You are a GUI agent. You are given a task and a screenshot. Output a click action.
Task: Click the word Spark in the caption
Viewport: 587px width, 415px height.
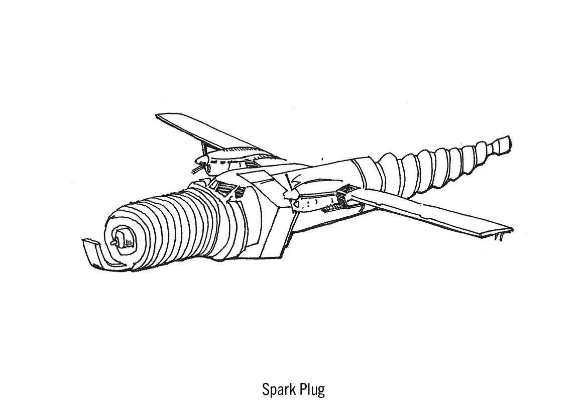[x=278, y=389]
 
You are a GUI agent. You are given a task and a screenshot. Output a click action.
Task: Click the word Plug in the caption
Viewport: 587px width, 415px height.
[x=312, y=390]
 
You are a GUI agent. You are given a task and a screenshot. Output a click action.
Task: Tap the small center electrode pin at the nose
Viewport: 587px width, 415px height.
[x=116, y=242]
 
